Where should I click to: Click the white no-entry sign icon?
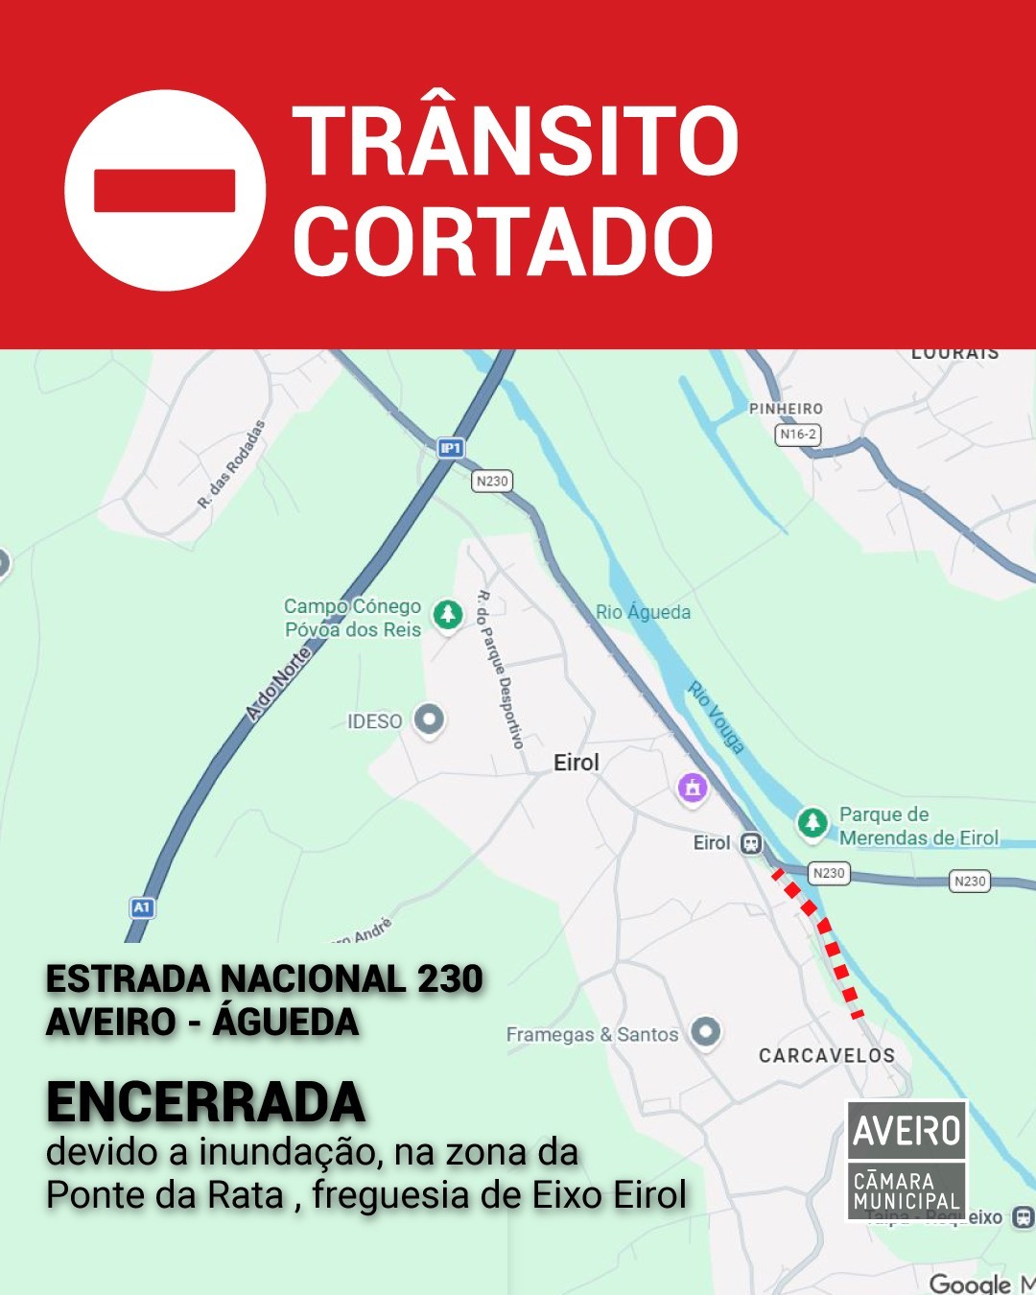(x=164, y=190)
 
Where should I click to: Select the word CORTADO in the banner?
(x=503, y=241)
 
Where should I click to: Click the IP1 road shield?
(x=450, y=447)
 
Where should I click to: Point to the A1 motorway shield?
(x=142, y=906)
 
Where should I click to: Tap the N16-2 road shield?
(x=797, y=435)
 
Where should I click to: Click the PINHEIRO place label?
(x=786, y=409)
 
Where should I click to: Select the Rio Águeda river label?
(x=643, y=612)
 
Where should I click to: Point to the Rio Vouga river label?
(x=716, y=717)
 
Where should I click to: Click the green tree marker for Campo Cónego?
(x=448, y=614)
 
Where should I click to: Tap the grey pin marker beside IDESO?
(x=429, y=718)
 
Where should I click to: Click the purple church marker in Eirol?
(x=693, y=788)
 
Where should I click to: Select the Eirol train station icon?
(x=751, y=843)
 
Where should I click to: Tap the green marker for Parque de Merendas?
(x=812, y=822)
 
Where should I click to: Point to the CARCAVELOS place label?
(x=827, y=1055)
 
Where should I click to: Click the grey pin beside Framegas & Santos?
(x=706, y=1031)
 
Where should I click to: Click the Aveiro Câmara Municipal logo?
(x=906, y=1161)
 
